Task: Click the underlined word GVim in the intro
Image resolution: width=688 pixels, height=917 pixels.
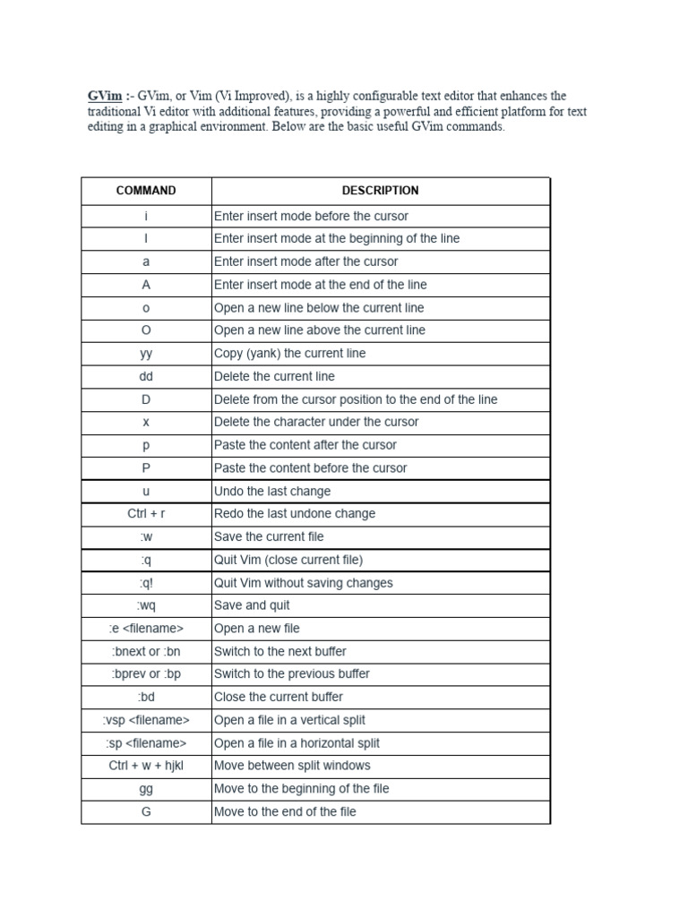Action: click(103, 96)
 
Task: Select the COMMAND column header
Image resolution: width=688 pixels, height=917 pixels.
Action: click(146, 191)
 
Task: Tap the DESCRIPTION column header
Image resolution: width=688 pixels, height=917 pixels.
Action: click(380, 191)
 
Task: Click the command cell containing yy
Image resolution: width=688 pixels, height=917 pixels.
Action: click(146, 354)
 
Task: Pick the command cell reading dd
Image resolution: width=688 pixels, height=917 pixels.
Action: click(146, 376)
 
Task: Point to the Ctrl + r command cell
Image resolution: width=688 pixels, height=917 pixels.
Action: click(146, 514)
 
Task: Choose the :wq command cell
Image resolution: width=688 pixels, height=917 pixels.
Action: click(146, 605)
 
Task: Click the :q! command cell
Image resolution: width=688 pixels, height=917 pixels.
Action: click(146, 583)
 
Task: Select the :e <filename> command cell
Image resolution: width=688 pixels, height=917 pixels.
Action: click(146, 629)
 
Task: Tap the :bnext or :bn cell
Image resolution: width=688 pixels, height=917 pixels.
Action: click(146, 652)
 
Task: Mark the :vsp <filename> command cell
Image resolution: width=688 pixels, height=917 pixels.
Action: click(146, 720)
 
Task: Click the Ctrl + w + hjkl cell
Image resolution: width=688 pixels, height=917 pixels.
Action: click(146, 766)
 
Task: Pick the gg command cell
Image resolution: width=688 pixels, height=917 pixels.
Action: click(146, 789)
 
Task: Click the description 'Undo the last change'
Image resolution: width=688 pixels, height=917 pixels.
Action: click(272, 492)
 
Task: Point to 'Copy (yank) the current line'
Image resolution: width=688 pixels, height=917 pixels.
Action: click(289, 354)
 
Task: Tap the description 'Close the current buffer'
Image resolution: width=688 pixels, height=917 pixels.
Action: click(279, 697)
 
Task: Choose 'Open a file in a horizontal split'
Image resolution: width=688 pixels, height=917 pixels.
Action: click(297, 743)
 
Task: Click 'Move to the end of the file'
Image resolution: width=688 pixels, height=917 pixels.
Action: click(285, 811)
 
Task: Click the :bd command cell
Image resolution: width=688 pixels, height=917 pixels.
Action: click(146, 697)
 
